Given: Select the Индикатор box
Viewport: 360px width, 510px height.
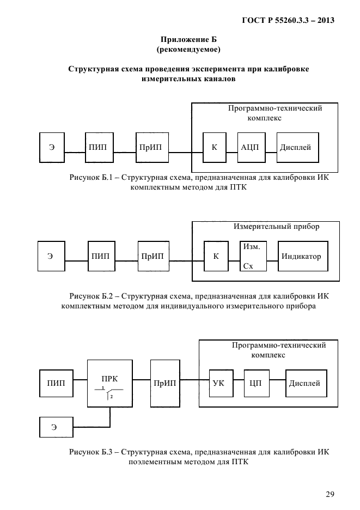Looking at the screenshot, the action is pyautogui.click(x=303, y=256).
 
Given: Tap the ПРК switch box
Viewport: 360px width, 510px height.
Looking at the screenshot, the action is pyautogui.click(x=110, y=383).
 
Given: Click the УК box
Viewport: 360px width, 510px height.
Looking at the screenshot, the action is pyautogui.click(x=221, y=383).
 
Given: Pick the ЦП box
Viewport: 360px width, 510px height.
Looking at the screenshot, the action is pyautogui.click(x=257, y=383).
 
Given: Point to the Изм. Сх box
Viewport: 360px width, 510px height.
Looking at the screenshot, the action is pyautogui.click(x=253, y=256).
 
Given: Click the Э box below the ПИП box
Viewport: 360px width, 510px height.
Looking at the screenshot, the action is pyautogui.click(x=56, y=427).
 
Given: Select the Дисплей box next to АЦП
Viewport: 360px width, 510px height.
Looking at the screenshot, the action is pyautogui.click(x=297, y=147).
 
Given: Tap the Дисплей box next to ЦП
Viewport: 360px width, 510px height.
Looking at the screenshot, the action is pyautogui.click(x=306, y=383).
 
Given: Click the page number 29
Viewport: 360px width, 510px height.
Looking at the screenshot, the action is pyautogui.click(x=330, y=494).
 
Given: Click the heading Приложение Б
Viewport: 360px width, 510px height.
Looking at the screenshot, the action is pyautogui.click(x=188, y=39).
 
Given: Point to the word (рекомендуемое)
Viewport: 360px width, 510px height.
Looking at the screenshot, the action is pyautogui.click(x=188, y=50).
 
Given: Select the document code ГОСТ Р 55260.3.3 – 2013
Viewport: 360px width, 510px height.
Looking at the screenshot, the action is pyautogui.click(x=288, y=20).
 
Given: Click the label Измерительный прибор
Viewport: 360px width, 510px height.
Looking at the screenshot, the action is pyautogui.click(x=277, y=226).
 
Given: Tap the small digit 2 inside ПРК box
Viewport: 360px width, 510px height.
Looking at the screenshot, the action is pyautogui.click(x=111, y=397).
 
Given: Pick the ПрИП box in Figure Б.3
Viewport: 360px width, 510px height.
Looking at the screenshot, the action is pyautogui.click(x=165, y=383).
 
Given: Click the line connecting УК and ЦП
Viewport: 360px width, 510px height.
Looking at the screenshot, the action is pyautogui.click(x=239, y=380).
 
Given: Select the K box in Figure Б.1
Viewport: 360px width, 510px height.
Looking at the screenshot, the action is pyautogui.click(x=214, y=147).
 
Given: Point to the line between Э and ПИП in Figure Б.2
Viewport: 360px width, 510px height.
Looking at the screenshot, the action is pyautogui.click(x=76, y=260).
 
